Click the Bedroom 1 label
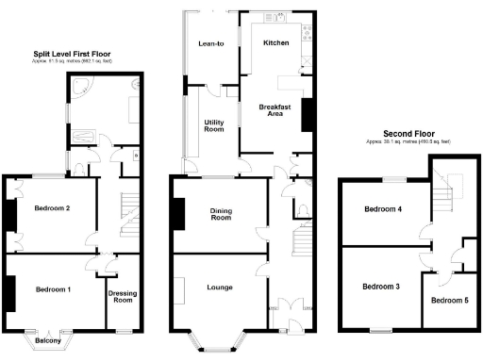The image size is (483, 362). tap(53, 289)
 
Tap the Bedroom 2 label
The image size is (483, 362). tap(53, 207)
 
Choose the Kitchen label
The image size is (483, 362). tap(275, 43)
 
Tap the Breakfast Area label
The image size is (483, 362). tap(275, 110)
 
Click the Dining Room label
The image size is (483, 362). tap(220, 214)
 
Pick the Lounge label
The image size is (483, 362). tap(219, 286)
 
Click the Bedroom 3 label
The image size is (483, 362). tap(378, 286)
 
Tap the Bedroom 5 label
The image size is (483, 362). tap(449, 300)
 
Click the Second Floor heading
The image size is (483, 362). tap(410, 133)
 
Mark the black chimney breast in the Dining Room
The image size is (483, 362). tap(175, 214)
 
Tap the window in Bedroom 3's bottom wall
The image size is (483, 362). tap(380, 329)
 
